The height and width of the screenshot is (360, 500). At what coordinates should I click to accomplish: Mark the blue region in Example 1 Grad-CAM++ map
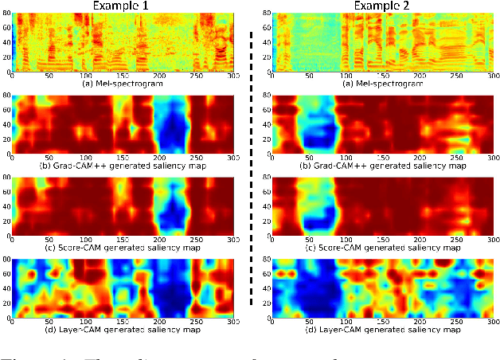pyautogui.click(x=171, y=127)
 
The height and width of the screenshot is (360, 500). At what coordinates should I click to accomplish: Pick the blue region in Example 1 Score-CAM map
pyautogui.click(x=173, y=209)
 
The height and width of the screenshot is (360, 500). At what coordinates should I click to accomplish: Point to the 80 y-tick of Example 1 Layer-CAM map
pyautogui.click(x=6, y=259)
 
